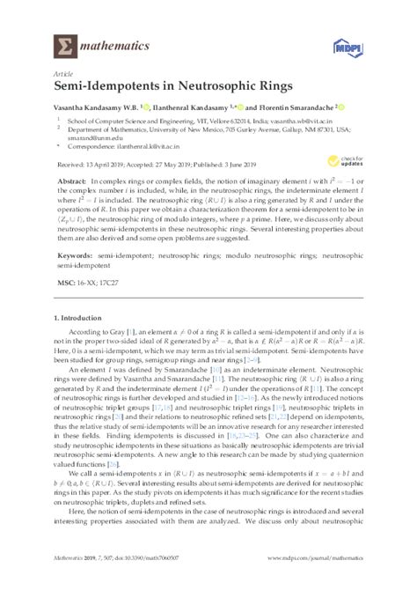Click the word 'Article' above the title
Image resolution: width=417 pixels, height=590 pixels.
pyautogui.click(x=62, y=75)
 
